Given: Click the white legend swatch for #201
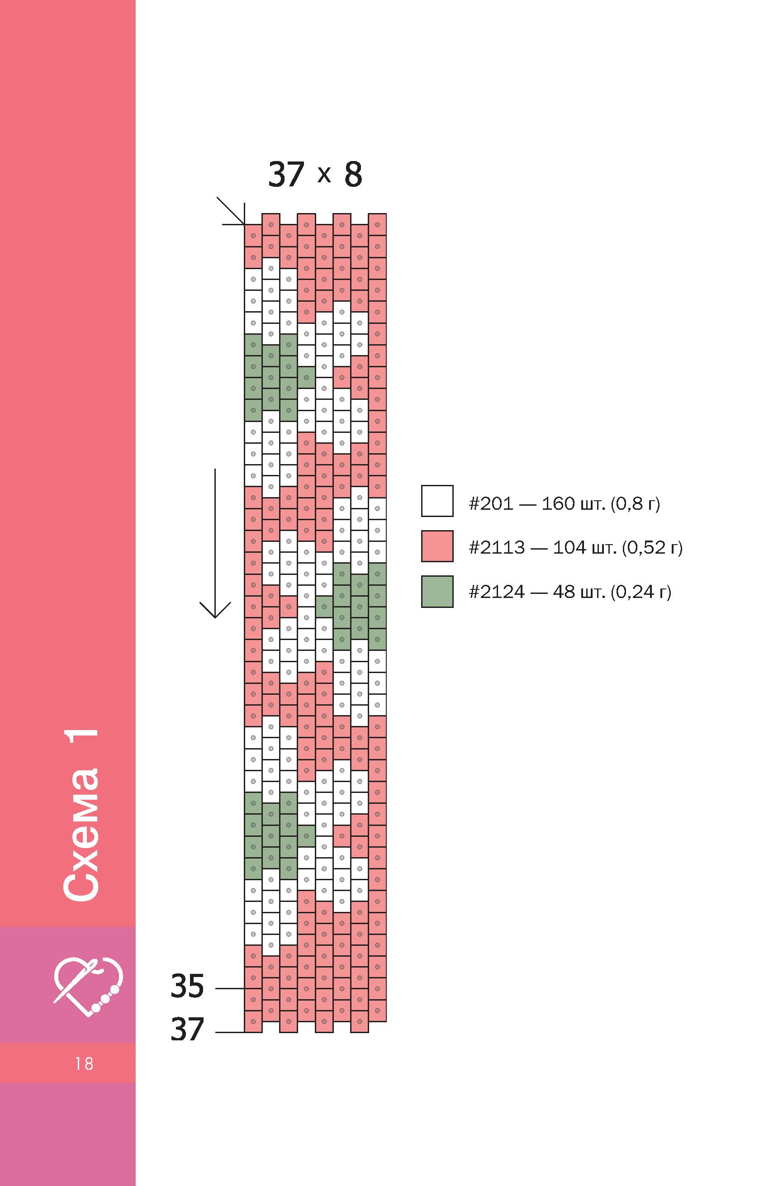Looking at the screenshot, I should [x=437, y=501].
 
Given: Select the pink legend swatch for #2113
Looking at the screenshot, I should [x=437, y=546].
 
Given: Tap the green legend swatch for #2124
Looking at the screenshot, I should [x=437, y=591].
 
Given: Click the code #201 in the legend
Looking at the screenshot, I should [x=491, y=504].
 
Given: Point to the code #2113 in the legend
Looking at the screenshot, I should [x=497, y=548].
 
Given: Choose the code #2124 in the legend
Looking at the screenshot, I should [x=497, y=592].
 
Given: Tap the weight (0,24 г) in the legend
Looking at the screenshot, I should [x=641, y=592].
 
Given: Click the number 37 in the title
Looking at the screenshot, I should [x=286, y=175].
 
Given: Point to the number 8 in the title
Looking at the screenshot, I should [x=353, y=175].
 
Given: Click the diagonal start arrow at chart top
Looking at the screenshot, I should [x=231, y=211].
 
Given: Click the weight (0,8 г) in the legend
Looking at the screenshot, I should [x=635, y=504].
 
